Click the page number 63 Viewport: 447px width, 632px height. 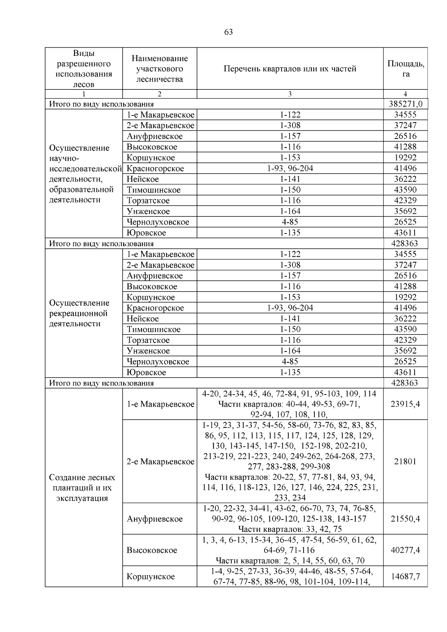229,32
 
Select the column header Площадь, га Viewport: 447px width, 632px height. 406,69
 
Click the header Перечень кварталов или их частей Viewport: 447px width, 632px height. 290,69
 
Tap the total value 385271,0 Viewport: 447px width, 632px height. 406,104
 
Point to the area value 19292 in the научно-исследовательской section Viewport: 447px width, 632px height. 405,158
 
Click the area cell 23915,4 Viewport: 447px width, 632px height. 405,404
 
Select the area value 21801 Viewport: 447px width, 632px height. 405,461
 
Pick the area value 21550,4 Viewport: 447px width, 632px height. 405,519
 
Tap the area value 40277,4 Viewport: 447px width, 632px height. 405,550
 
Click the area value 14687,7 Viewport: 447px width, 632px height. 405,576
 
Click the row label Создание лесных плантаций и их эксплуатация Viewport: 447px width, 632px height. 82,488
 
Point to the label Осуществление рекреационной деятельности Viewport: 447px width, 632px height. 79,313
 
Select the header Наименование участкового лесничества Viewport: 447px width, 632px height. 159,69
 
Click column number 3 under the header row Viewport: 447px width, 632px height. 290,94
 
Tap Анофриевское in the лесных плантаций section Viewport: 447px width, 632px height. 155,519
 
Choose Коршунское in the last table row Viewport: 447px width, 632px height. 150,577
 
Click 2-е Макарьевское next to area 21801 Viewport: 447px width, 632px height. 160,462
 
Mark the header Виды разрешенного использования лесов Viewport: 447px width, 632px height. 83,69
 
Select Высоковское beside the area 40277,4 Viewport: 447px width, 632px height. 152,550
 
